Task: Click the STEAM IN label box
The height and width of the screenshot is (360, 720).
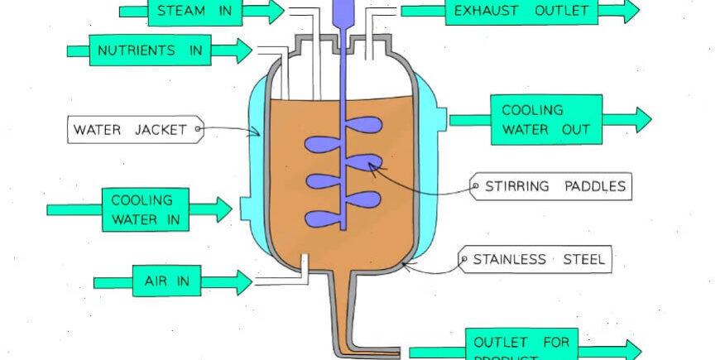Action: [x=195, y=12]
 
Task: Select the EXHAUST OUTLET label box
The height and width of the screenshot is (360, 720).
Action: [x=521, y=12]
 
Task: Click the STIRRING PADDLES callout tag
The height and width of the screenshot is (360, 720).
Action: [x=550, y=186]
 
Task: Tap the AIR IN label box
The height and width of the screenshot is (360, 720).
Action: [x=166, y=281]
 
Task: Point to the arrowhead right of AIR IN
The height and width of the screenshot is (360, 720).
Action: [x=242, y=282]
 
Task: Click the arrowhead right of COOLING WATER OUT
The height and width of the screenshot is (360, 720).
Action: [x=641, y=119]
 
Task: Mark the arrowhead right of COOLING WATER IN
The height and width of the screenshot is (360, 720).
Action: [x=222, y=210]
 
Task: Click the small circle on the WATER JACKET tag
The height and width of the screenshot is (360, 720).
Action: [x=197, y=129]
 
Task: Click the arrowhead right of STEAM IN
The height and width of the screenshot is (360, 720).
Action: [x=274, y=12]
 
